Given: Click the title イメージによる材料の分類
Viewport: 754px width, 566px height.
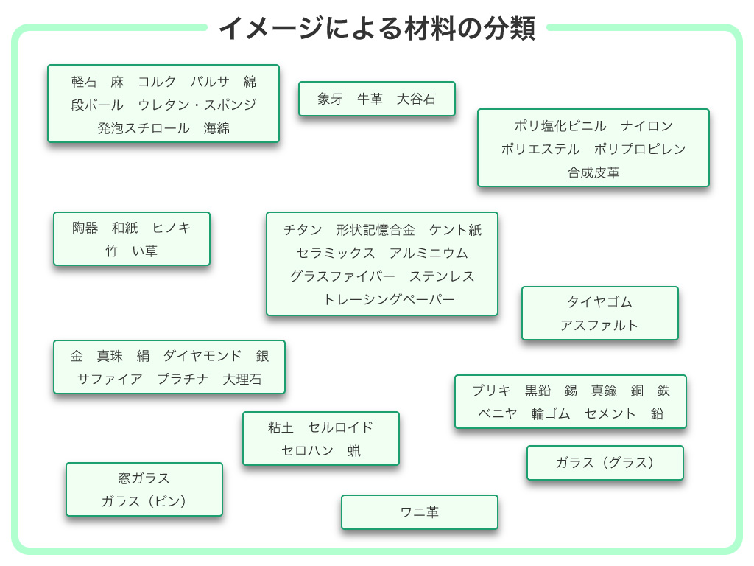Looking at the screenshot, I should [x=377, y=29].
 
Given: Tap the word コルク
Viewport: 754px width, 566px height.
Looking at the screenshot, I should [x=158, y=82].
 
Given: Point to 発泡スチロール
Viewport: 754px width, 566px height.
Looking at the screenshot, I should [x=144, y=128].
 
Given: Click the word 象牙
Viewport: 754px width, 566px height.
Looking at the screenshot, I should [x=331, y=99].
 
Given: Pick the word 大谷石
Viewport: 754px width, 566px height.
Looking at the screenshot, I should [x=416, y=99].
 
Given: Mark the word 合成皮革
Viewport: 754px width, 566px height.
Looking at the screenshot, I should [x=593, y=172].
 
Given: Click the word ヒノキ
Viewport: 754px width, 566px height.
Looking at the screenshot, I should [x=172, y=228].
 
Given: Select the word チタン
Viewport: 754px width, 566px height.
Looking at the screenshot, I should [x=303, y=230].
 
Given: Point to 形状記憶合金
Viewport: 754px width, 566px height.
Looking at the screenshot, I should [x=376, y=230].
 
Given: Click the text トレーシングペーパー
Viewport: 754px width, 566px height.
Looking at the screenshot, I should [x=389, y=299].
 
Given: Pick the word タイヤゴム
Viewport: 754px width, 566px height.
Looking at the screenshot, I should [x=600, y=302].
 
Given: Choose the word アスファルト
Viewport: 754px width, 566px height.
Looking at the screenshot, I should [x=599, y=326].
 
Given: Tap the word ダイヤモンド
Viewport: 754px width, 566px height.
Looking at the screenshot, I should [x=202, y=356].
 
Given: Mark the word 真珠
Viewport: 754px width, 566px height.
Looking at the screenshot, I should [x=110, y=356].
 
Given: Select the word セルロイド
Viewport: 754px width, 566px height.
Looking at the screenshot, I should [x=341, y=427].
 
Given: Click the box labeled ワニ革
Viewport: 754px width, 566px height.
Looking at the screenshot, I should [x=420, y=512].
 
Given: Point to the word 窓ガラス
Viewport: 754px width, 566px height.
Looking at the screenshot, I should [x=144, y=478].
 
